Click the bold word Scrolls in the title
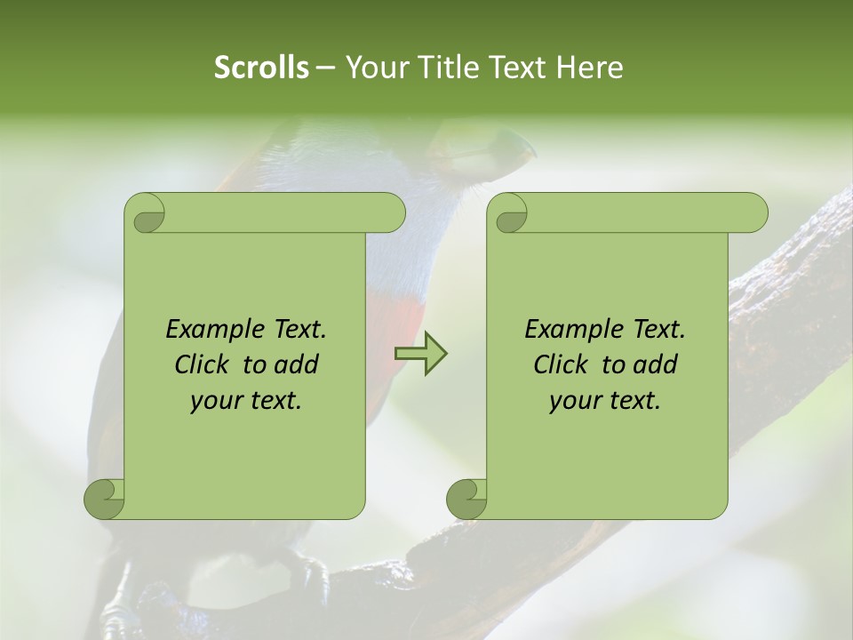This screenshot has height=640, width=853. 261,68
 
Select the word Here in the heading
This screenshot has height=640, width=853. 590,68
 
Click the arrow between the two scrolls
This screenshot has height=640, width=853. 420,354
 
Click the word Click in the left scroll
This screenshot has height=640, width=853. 203,364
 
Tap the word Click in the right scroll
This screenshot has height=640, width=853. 562,364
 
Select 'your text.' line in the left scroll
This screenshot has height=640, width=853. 246,401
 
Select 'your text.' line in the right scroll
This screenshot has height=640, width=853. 605,401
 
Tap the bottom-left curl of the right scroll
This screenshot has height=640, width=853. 467,499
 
